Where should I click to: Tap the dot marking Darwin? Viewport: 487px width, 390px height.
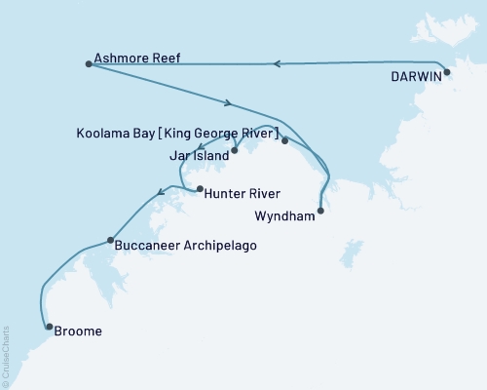(446, 72)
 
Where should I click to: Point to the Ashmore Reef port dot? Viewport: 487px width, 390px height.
(89, 64)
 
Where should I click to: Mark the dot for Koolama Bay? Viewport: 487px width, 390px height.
(284, 140)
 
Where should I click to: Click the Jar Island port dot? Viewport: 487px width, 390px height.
(234, 151)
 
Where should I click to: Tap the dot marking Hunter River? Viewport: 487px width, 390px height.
(200, 189)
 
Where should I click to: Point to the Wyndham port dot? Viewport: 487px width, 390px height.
(320, 210)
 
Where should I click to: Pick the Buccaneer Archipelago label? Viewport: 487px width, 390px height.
(185, 246)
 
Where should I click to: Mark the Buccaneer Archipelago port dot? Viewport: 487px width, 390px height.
(110, 240)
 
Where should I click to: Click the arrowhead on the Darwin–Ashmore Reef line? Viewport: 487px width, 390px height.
(278, 64)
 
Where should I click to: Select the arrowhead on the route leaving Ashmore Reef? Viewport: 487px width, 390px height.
(228, 103)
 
